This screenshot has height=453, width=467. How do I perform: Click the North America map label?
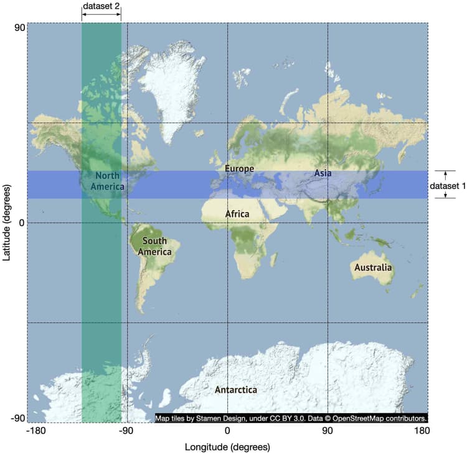[x=107, y=181]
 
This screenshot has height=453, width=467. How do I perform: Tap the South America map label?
[x=154, y=246]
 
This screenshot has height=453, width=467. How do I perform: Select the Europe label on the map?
[x=240, y=168]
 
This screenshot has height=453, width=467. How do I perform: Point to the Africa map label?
[x=237, y=214]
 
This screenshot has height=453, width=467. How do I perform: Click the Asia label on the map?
[x=323, y=173]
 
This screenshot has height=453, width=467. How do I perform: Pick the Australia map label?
[x=373, y=268]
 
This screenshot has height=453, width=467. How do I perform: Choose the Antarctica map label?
[x=235, y=390]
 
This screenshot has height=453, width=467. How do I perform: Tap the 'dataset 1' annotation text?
[x=448, y=185]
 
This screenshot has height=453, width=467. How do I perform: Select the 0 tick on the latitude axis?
[x=21, y=222]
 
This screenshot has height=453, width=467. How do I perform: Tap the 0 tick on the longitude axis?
[x=227, y=431]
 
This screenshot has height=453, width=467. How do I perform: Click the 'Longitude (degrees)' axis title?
[x=227, y=447]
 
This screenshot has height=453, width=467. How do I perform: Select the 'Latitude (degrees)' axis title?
[x=7, y=222]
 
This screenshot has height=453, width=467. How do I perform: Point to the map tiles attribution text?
[x=291, y=418]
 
